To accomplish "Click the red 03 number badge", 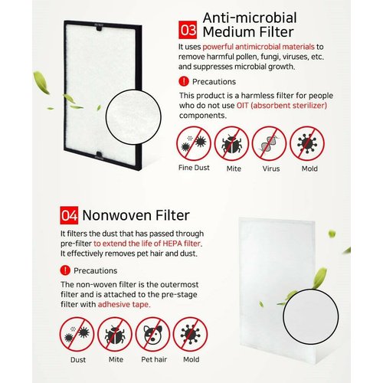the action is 188,30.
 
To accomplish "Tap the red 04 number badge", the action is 69,215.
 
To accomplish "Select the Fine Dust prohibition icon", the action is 194,143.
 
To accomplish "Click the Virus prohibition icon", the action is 269,143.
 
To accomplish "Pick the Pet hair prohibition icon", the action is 152,335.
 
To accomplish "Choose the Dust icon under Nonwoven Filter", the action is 77,335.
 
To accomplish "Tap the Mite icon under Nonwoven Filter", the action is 115,335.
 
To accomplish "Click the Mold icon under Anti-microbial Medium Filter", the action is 307,143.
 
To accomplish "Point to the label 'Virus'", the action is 271,169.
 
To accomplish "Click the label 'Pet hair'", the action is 154,359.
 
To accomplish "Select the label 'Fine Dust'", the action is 194,168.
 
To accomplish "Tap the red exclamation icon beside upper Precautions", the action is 184,81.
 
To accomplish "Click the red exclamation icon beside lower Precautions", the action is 65,270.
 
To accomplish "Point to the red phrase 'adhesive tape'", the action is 124,304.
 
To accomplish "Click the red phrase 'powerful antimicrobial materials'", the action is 258,47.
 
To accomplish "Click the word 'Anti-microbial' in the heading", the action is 250,18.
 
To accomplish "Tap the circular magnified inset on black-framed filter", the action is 133,116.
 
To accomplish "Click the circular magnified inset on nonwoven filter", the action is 311,316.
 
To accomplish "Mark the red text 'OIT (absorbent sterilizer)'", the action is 282,106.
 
